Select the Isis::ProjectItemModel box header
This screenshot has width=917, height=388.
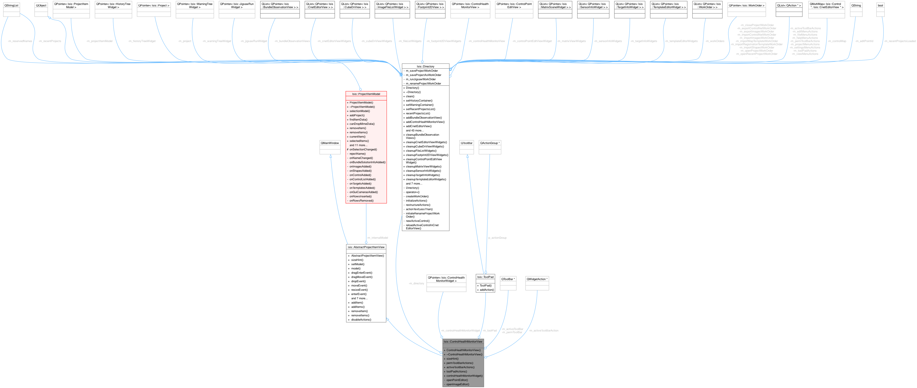[366, 94]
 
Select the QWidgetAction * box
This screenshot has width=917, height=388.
[537, 279]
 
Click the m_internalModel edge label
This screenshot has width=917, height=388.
[377, 238]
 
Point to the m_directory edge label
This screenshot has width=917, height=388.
[416, 283]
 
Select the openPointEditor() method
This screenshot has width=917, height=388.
[457, 380]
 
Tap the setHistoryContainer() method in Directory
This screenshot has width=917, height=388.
[419, 101]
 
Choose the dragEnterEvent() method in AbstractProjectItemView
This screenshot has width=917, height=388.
[361, 273]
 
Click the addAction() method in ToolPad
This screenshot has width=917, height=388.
[487, 290]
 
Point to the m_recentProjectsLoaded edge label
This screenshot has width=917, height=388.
[899, 41]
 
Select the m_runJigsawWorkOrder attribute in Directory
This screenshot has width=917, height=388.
[421, 79]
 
